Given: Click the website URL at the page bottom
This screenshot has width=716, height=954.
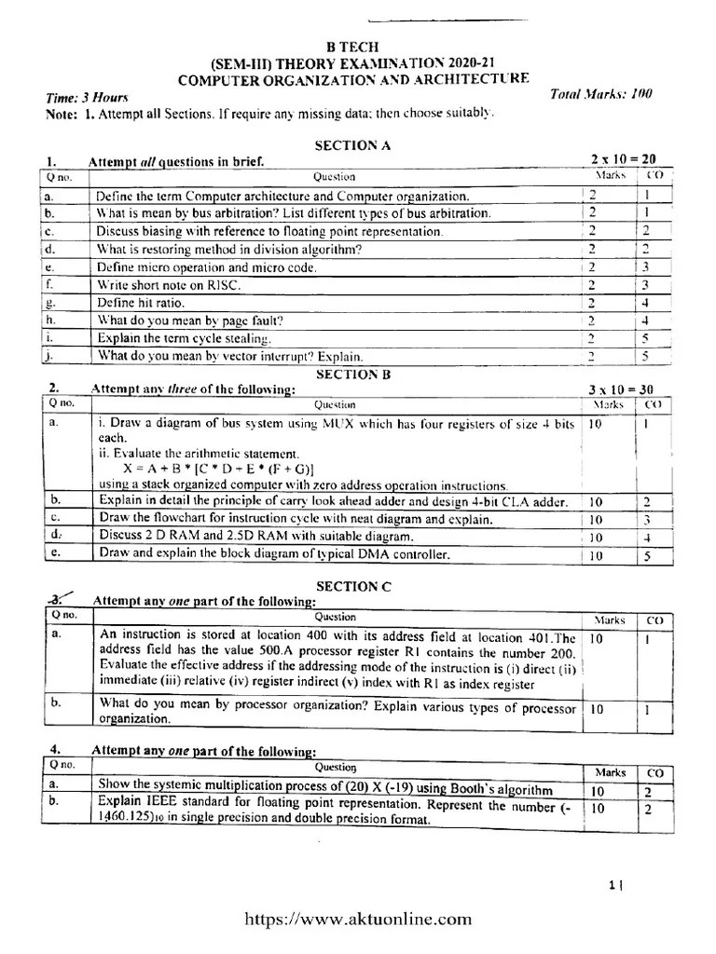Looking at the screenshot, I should coord(358,920).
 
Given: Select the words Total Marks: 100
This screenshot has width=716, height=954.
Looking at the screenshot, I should coord(601,93).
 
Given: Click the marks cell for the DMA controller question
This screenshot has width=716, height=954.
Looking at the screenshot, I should coord(596,556).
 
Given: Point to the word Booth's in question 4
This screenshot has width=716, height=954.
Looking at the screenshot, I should coord(480,790).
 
